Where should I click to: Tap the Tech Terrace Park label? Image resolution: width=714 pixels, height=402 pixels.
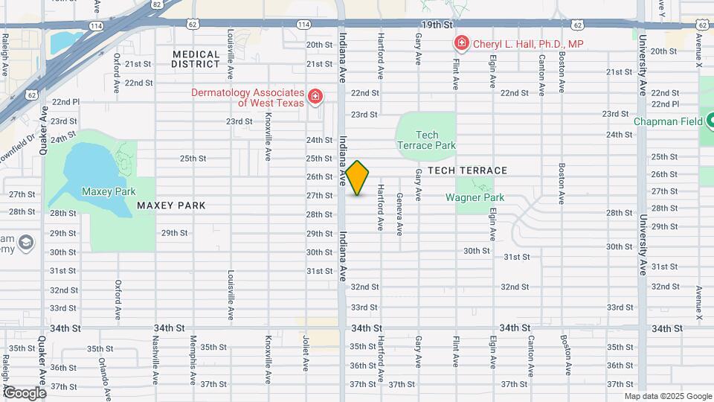coord(426,140)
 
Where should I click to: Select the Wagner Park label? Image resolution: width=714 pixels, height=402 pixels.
coord(475,197)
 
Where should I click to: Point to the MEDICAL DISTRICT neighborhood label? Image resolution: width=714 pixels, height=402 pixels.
coord(196,59)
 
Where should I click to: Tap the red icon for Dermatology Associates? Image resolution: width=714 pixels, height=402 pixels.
coord(315,97)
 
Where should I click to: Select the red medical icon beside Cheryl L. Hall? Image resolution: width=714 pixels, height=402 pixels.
coord(461,44)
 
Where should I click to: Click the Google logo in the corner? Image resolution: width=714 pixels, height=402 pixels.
coord(24,392)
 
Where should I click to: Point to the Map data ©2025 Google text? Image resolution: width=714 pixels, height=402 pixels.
coord(667,396)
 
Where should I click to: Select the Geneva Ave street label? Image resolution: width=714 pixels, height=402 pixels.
coord(400,211)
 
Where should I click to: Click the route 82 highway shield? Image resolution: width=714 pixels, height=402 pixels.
coord(155,4)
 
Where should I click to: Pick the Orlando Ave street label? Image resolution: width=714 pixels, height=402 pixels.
coord(103,369)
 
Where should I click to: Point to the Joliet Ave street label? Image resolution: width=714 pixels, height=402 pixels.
coord(306,354)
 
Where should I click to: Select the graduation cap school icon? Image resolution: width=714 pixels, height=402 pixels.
coord(26,243)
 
